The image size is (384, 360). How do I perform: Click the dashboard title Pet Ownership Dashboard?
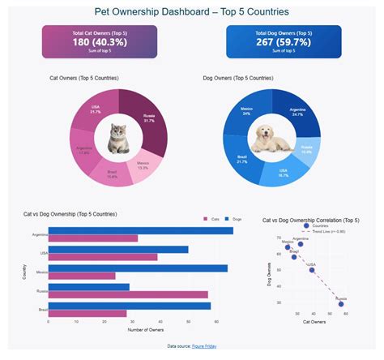191,12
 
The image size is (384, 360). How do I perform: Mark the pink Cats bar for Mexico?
82,276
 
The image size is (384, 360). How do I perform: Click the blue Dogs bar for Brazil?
129,305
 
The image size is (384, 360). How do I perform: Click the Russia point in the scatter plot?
342,303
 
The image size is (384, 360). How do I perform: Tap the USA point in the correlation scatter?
312,269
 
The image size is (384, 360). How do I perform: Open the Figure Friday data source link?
203,346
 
